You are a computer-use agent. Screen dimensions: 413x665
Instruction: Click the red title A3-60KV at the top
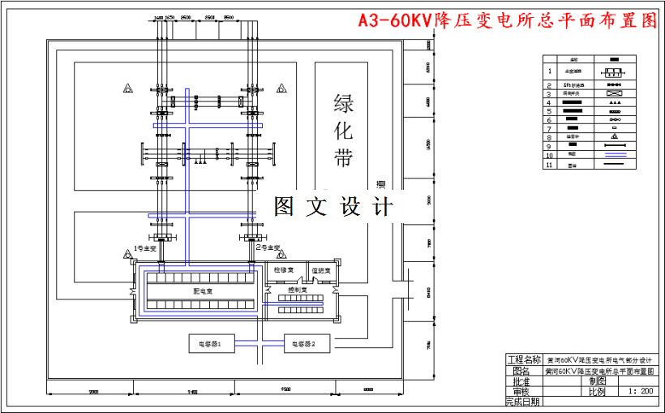coord(508,20)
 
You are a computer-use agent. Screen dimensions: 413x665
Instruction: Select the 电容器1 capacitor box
coord(211,343)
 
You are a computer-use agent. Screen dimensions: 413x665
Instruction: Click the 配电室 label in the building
coord(203,290)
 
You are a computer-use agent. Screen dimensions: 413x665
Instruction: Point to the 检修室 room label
coord(285,269)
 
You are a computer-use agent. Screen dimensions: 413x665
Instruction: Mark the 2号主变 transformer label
coord(267,247)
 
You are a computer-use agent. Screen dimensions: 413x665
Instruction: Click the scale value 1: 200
coord(641,391)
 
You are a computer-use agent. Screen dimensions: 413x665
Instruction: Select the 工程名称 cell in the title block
coord(522,359)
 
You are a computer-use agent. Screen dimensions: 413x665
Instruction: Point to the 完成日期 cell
coord(522,402)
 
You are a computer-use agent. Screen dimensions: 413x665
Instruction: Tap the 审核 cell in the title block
coord(522,391)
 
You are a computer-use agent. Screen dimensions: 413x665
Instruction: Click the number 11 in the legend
coord(549,164)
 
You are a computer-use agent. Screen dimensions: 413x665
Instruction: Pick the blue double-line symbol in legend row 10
coord(614,154)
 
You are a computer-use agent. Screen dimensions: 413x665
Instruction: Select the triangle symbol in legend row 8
coord(614,136)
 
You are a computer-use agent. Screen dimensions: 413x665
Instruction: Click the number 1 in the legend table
coord(549,71)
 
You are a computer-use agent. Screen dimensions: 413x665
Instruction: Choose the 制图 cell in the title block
coord(598,381)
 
